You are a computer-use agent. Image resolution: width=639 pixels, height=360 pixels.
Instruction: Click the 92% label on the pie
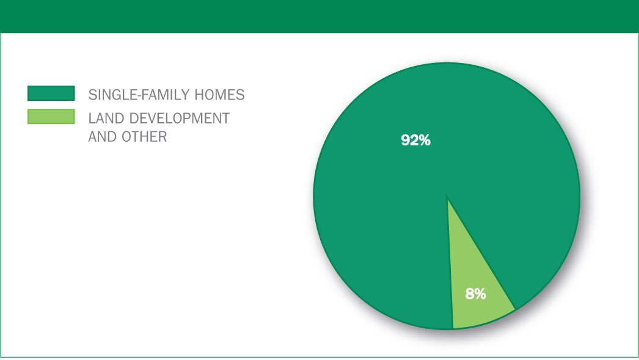click(x=415, y=140)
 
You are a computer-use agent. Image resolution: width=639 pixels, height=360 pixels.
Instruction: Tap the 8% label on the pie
click(x=475, y=293)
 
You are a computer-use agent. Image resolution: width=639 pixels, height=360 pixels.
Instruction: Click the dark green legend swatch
click(x=51, y=93)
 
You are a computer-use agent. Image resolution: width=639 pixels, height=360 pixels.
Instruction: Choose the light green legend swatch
click(x=51, y=117)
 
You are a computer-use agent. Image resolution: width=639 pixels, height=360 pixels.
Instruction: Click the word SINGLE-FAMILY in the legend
click(x=139, y=95)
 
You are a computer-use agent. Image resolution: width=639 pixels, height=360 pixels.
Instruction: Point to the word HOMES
click(x=219, y=95)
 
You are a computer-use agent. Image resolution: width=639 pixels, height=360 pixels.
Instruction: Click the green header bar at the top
click(x=319, y=17)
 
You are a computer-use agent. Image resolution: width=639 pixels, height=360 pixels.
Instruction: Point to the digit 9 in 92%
click(x=406, y=140)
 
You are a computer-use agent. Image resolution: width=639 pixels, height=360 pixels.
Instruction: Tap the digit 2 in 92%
click(x=414, y=140)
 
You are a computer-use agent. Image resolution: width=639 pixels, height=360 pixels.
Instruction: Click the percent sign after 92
click(x=425, y=140)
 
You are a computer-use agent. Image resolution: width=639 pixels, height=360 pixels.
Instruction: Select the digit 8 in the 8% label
click(x=469, y=293)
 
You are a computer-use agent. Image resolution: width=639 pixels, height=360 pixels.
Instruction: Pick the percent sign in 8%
click(x=481, y=293)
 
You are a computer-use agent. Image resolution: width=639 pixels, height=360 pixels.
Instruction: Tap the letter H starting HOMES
click(x=199, y=95)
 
